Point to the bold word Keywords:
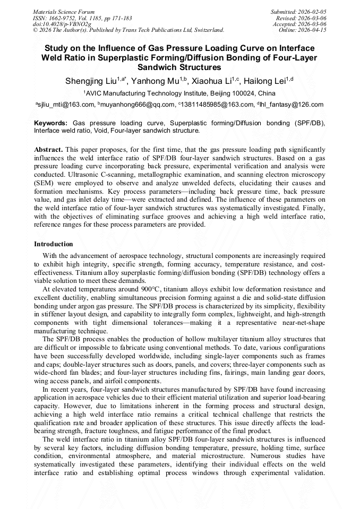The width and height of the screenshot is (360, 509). tap(50, 123)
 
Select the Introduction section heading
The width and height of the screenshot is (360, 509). tap(53, 244)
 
